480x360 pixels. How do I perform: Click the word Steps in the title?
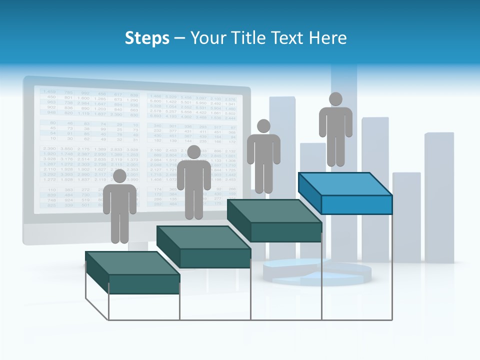[x=147, y=38]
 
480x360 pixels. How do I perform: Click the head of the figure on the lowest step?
[x=119, y=176]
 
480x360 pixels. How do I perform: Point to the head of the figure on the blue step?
[x=335, y=99]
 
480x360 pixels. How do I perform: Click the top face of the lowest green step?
[x=132, y=263]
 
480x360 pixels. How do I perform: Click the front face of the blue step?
[x=356, y=204]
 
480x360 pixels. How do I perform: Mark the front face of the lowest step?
[x=144, y=284]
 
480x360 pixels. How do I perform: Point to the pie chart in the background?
[x=320, y=272]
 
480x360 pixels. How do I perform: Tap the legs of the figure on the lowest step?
[x=119, y=227]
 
